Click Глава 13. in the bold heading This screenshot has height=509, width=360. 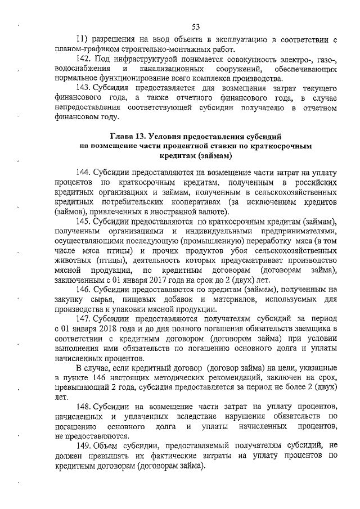click(128, 136)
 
